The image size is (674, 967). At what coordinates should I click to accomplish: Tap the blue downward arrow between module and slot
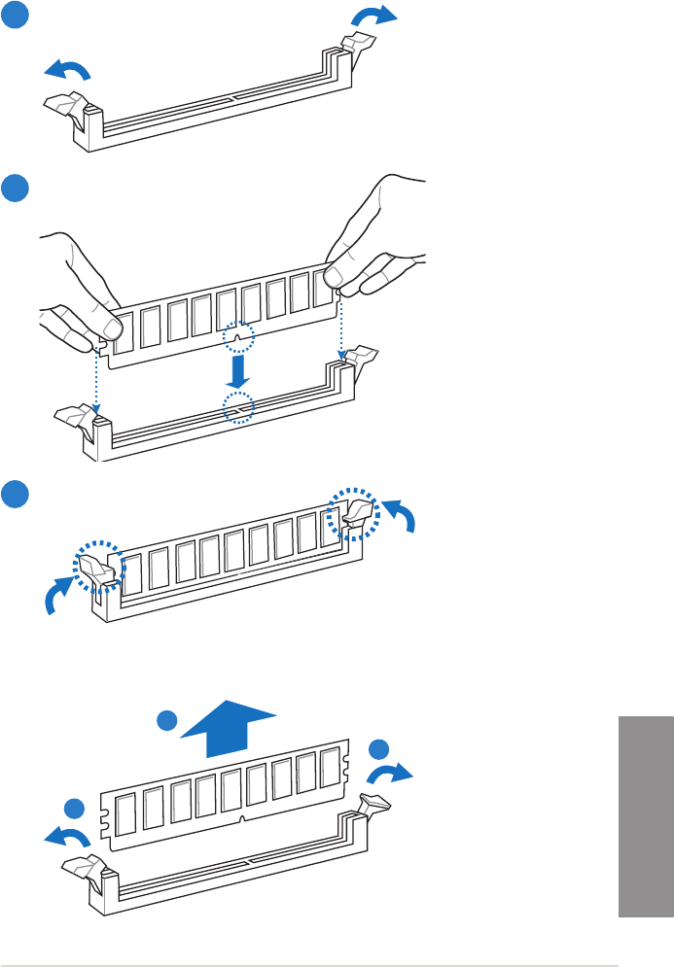238,370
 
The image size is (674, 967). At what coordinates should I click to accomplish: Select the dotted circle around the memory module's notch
238,337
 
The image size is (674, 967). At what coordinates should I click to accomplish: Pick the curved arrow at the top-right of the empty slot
374,16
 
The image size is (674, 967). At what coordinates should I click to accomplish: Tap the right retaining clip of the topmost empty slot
358,45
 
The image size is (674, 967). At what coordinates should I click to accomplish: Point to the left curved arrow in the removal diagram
65,839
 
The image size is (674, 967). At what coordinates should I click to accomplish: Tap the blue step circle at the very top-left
14,14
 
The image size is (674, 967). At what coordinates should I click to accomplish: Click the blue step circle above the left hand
14,188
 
